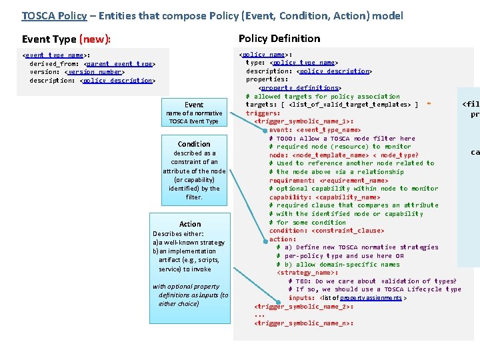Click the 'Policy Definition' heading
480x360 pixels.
pos(279,39)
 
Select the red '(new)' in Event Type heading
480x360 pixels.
pos(95,39)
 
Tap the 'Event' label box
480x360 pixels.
pos(194,105)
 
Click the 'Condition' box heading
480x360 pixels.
pos(194,144)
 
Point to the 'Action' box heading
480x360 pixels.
pos(190,224)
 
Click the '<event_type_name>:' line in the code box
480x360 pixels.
pos(56,55)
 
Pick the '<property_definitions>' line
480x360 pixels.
pos(299,88)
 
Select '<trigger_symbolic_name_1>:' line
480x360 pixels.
pos(303,121)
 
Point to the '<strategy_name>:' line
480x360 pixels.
pos(307,273)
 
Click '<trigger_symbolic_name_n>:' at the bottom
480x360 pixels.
pos(303,323)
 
